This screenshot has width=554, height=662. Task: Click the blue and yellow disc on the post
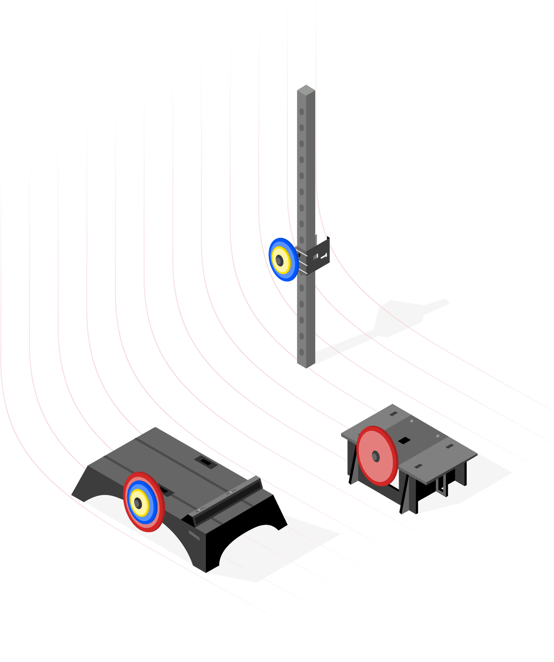283,260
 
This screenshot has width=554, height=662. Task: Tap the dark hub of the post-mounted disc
280,261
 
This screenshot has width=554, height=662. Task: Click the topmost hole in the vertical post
302,112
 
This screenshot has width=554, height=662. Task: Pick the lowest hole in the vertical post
302,352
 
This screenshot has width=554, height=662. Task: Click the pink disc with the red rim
377,456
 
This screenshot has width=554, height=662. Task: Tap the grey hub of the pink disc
375,456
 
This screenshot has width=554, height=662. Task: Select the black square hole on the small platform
404,440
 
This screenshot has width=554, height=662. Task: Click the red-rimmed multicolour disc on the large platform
144,502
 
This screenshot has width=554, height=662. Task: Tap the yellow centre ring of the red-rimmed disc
139,503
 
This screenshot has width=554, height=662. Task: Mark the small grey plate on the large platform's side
194,535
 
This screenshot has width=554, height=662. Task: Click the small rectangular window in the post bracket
315,257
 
